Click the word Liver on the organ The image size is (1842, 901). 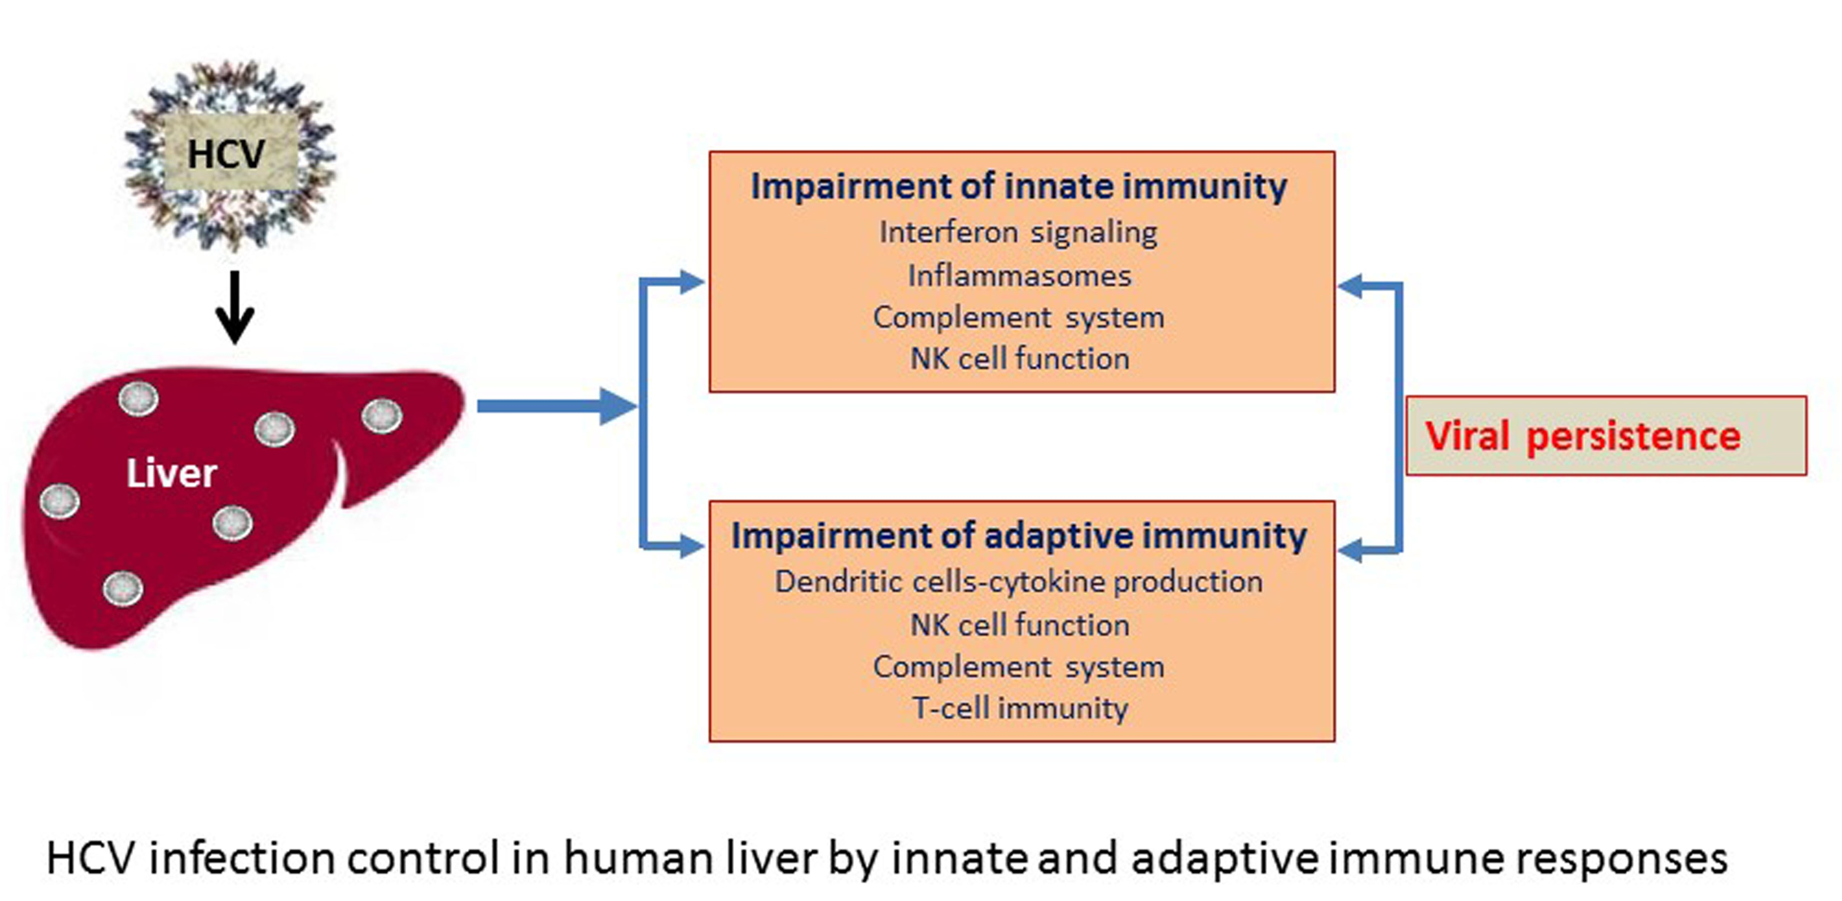click(x=172, y=474)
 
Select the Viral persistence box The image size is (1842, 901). click(x=1606, y=435)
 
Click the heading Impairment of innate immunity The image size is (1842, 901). click(x=1019, y=186)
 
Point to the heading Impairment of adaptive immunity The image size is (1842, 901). click(x=1019, y=536)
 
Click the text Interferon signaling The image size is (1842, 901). click(x=1018, y=233)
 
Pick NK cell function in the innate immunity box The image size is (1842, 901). click(x=1020, y=358)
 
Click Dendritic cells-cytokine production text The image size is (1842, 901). click(x=1018, y=582)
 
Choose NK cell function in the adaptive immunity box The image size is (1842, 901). click(x=1020, y=625)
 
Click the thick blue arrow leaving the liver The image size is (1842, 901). click(x=556, y=406)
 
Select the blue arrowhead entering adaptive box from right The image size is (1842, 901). click(x=1350, y=551)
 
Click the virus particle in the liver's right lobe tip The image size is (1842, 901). click(x=382, y=416)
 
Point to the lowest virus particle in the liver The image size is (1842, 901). click(x=123, y=588)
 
